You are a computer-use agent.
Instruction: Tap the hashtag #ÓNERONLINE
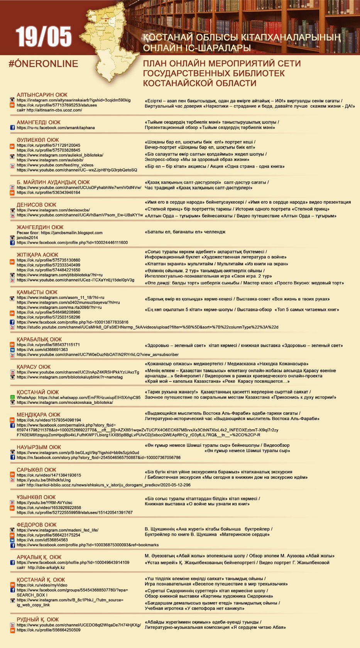pos(43,64)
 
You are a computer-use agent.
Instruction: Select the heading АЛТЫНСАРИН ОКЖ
pos(42,95)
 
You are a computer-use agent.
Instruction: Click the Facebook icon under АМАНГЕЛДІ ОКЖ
pos(12,128)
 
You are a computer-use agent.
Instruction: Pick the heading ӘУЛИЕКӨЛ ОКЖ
pos(38,140)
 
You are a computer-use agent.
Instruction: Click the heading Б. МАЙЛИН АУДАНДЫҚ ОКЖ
pos(53,182)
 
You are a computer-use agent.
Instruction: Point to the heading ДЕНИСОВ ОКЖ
pos(36,205)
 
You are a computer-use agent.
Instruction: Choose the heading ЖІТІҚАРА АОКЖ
pos(37,255)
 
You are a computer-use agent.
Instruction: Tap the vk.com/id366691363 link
pos(42,349)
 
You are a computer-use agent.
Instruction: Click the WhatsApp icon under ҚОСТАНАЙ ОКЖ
pos(12,397)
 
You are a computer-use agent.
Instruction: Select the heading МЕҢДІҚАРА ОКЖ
pos(39,415)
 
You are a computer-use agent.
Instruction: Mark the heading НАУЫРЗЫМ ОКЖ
pos(39,447)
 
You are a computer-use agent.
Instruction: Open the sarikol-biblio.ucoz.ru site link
pos(103,485)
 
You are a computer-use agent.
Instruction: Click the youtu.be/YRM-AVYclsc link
pos(44,503)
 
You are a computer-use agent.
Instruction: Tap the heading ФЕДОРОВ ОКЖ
pos(37,525)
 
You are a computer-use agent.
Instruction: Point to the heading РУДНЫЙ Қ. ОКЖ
pos(38,619)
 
